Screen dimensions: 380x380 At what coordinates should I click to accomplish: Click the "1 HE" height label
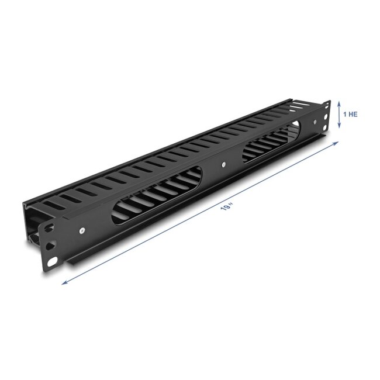pos(349,114)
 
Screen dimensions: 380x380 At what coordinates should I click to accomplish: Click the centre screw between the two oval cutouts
pos(223,164)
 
